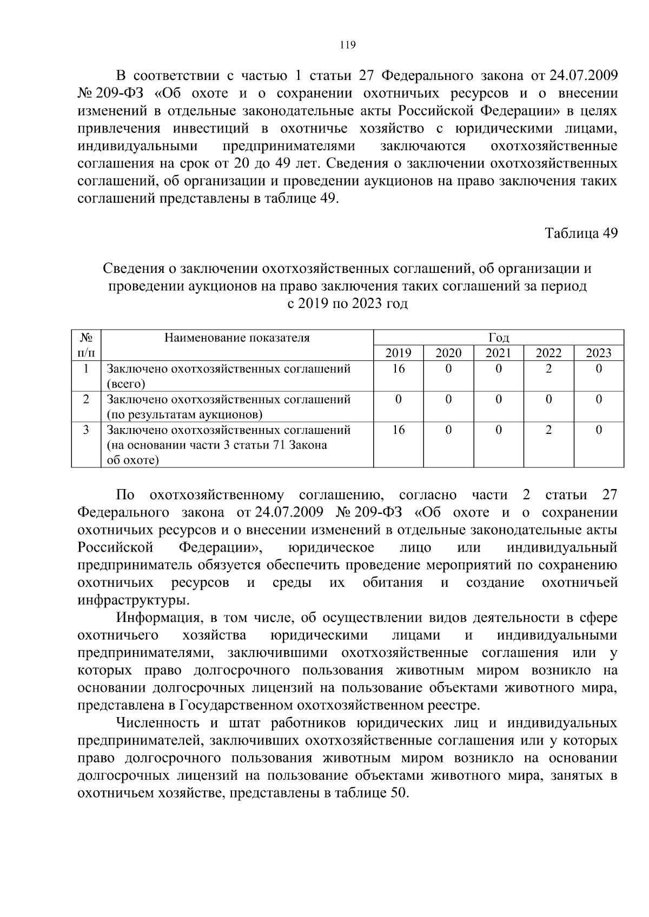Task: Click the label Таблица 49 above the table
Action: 581,233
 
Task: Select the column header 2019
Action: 398,353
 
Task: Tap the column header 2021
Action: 498,353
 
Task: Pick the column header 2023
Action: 599,353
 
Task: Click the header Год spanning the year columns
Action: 498,338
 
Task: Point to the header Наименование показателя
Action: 237,338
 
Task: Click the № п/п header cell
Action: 86,345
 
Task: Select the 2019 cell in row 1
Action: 398,369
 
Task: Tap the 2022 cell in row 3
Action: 548,430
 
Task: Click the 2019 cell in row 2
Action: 398,400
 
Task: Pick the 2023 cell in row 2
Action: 599,400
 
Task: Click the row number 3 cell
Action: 86,430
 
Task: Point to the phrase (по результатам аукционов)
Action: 184,415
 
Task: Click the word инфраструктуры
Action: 134,600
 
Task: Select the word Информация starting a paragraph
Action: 156,618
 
